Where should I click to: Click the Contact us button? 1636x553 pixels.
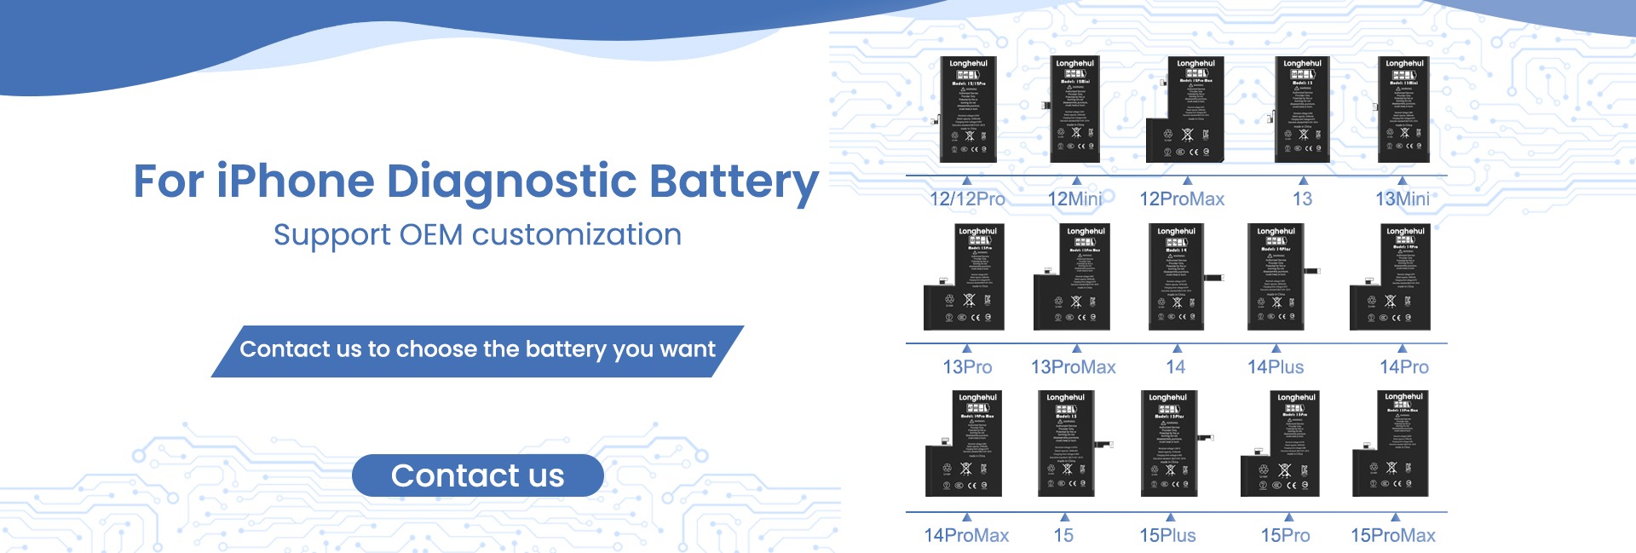pyautogui.click(x=477, y=475)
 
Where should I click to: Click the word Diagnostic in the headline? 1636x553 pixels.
pyautogui.click(x=511, y=182)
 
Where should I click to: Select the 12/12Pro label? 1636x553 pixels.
pyautogui.click(x=967, y=199)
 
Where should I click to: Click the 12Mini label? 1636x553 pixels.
pyautogui.click(x=1074, y=199)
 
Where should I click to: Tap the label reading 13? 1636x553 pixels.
pyautogui.click(x=1302, y=199)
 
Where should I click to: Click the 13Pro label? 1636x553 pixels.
pyautogui.click(x=967, y=367)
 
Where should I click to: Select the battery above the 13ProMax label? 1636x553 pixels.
pyautogui.click(x=1072, y=278)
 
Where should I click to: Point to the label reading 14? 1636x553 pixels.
pyautogui.click(x=1176, y=367)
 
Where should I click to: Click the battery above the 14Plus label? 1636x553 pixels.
pyautogui.click(x=1276, y=278)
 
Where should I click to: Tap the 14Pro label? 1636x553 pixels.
pyautogui.click(x=1404, y=367)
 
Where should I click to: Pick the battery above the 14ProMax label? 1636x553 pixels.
pyautogui.click(x=965, y=444)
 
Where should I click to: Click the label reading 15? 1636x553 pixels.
pyautogui.click(x=1063, y=536)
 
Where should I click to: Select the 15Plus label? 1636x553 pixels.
pyautogui.click(x=1168, y=536)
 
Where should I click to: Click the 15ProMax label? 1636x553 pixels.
pyautogui.click(x=1393, y=536)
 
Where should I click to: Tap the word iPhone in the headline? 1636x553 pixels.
pyautogui.click(x=295, y=182)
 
